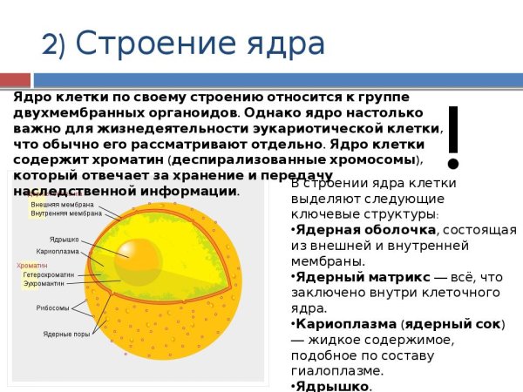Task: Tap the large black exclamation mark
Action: point(452,138)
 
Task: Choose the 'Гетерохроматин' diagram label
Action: point(51,274)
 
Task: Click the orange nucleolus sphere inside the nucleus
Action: point(138,255)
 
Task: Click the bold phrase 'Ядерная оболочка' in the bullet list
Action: point(365,229)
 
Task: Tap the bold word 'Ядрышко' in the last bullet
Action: point(332,386)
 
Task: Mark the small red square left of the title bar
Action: point(6,80)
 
